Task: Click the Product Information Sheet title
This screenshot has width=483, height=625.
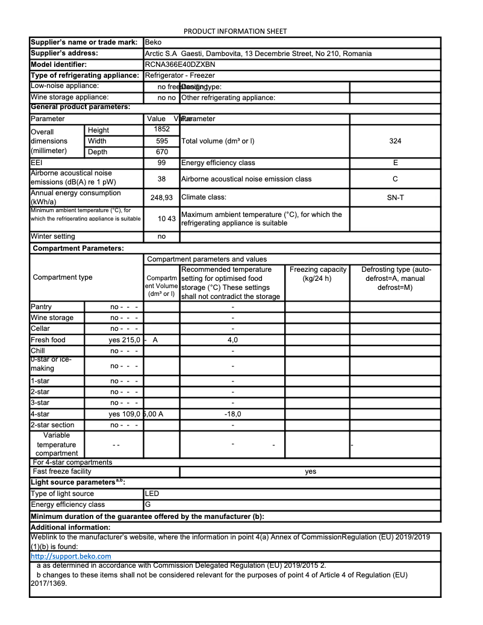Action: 235,31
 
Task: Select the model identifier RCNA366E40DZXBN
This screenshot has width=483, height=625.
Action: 180,64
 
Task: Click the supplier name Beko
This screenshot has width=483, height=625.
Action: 154,43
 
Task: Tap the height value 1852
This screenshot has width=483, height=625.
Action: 161,129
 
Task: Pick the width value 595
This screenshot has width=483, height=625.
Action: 161,141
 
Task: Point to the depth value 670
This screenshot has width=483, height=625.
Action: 161,152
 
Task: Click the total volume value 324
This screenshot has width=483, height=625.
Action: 395,141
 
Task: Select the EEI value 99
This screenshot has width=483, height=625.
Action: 161,163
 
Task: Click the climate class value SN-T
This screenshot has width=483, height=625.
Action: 395,197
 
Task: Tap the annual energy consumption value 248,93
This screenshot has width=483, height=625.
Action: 161,198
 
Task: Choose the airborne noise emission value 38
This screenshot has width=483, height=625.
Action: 161,179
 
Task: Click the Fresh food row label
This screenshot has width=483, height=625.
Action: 48,340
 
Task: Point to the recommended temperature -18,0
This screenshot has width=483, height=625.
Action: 232,414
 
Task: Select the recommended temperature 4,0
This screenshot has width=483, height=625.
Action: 232,340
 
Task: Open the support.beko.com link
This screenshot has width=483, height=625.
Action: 70,556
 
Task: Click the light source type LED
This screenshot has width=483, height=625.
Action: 152,494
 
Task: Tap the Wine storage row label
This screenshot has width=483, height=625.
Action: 52,318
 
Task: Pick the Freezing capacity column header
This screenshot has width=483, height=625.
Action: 318,274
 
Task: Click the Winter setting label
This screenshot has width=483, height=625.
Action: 53,237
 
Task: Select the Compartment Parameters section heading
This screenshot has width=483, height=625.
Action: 78,248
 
